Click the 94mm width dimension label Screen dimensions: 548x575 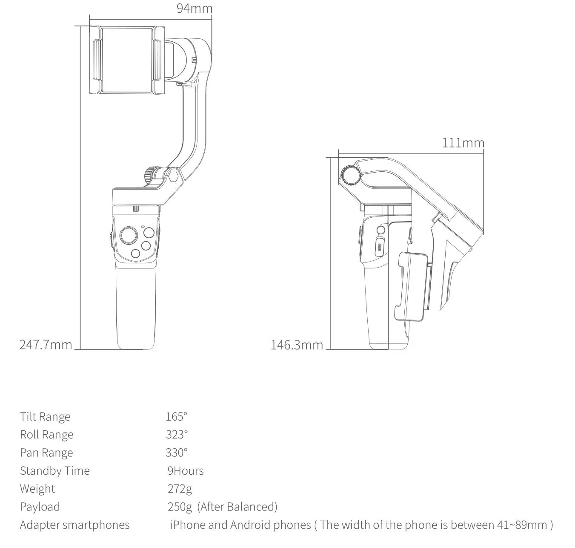point(195,8)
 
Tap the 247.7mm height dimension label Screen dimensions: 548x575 point(46,344)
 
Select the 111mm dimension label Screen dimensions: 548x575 point(463,142)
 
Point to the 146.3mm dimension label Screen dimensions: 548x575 point(297,345)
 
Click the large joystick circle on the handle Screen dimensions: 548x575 point(129,235)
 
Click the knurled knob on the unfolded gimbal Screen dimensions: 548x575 point(150,175)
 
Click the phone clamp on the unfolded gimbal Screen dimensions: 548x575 point(126,60)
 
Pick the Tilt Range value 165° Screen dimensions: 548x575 point(176,416)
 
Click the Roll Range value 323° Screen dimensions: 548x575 point(177,434)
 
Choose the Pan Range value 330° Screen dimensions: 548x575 point(177,452)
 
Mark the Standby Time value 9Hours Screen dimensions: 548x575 point(186,470)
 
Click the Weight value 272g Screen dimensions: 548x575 point(180,488)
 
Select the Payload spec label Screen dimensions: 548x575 point(40,507)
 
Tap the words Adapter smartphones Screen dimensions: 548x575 point(74,525)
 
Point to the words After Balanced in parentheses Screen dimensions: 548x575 point(238,507)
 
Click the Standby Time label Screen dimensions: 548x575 point(55,470)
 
